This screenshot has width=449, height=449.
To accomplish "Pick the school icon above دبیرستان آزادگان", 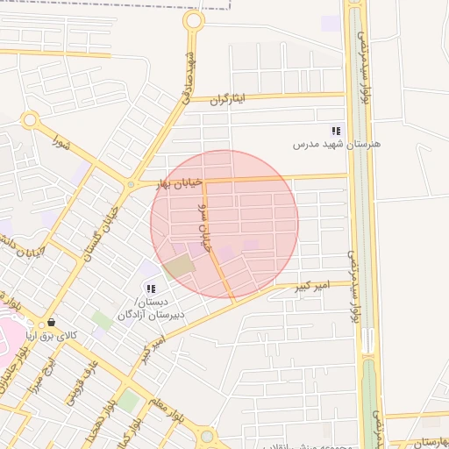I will (x=151, y=289).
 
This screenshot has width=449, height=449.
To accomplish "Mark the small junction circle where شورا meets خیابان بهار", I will (x=130, y=185).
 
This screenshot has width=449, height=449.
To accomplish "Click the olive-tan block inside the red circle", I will (x=180, y=265).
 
